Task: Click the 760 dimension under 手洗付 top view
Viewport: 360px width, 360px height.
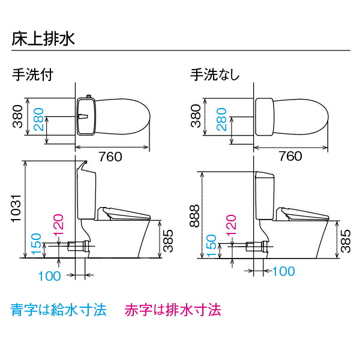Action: point(111,157)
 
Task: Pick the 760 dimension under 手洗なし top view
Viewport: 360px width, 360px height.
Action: point(290,157)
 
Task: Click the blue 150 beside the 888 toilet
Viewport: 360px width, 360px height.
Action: point(211,245)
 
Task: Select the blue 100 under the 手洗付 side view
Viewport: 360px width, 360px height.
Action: point(50,276)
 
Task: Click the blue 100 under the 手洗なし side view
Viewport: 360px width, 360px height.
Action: point(283,271)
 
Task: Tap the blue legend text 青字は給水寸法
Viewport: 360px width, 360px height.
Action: point(59,310)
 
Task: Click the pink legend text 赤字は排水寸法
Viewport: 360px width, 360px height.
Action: point(173,310)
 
